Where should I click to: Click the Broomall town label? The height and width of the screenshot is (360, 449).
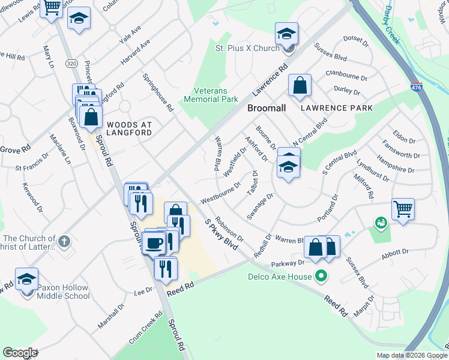coord(266,108)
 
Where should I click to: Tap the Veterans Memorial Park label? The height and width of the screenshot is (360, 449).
coord(215,95)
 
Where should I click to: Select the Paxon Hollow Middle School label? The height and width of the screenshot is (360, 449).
coord(63,292)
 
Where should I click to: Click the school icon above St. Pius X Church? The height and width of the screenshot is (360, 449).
coord(287,34)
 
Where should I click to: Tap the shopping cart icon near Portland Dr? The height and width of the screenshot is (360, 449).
coord(403,209)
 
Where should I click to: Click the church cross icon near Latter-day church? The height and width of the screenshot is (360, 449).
coord(65,242)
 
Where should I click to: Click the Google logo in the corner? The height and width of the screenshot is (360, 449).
coord(20,353)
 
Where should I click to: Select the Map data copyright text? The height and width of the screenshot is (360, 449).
coord(412,355)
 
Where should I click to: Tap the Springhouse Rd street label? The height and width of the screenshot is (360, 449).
coord(158,93)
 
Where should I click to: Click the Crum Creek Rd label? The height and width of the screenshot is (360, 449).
coord(145,325)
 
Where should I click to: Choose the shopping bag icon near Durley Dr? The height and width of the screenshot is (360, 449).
coord(300,85)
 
